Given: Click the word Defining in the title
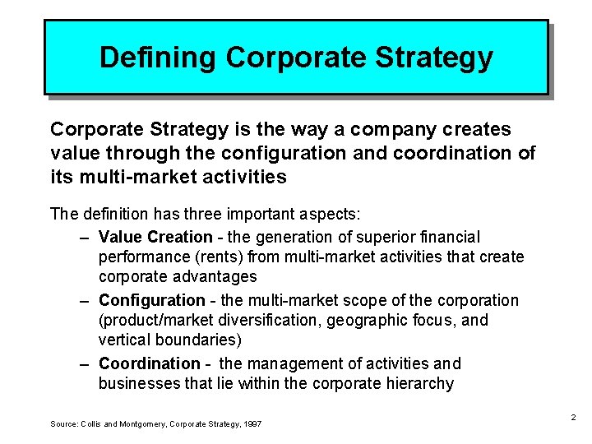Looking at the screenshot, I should pos(157,58).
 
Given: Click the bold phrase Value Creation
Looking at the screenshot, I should pos(155,237).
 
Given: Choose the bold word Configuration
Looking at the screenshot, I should pos(152,300).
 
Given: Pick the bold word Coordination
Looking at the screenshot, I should pos(150,363).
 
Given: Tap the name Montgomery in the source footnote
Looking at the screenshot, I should pos(134,423).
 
